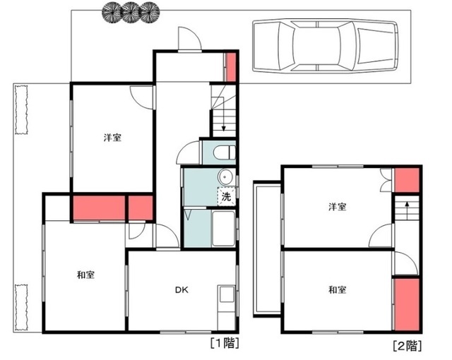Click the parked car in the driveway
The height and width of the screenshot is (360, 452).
(x=326, y=45)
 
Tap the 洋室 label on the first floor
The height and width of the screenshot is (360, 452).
(x=112, y=138)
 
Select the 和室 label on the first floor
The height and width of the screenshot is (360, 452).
(x=85, y=275)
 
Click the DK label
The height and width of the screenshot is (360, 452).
(x=182, y=289)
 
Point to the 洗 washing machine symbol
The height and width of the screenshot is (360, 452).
(x=227, y=197)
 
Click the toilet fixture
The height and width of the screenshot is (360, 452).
(x=225, y=152)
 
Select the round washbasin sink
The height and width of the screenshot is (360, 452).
(x=225, y=176)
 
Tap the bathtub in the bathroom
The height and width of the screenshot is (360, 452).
(x=223, y=229)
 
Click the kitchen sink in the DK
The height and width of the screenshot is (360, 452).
(x=226, y=294)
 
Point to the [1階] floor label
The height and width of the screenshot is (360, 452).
(x=225, y=343)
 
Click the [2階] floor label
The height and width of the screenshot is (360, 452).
(x=408, y=346)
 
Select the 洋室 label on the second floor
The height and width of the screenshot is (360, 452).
(x=338, y=207)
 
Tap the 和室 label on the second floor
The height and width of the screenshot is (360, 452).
(x=338, y=289)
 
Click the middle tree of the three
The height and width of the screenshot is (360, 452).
(x=131, y=12)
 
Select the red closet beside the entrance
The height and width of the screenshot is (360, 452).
(x=231, y=67)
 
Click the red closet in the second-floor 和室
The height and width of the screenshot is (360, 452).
(x=407, y=304)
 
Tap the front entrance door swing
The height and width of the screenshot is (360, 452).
(x=189, y=39)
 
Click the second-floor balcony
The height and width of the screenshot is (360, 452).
(x=267, y=249)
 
